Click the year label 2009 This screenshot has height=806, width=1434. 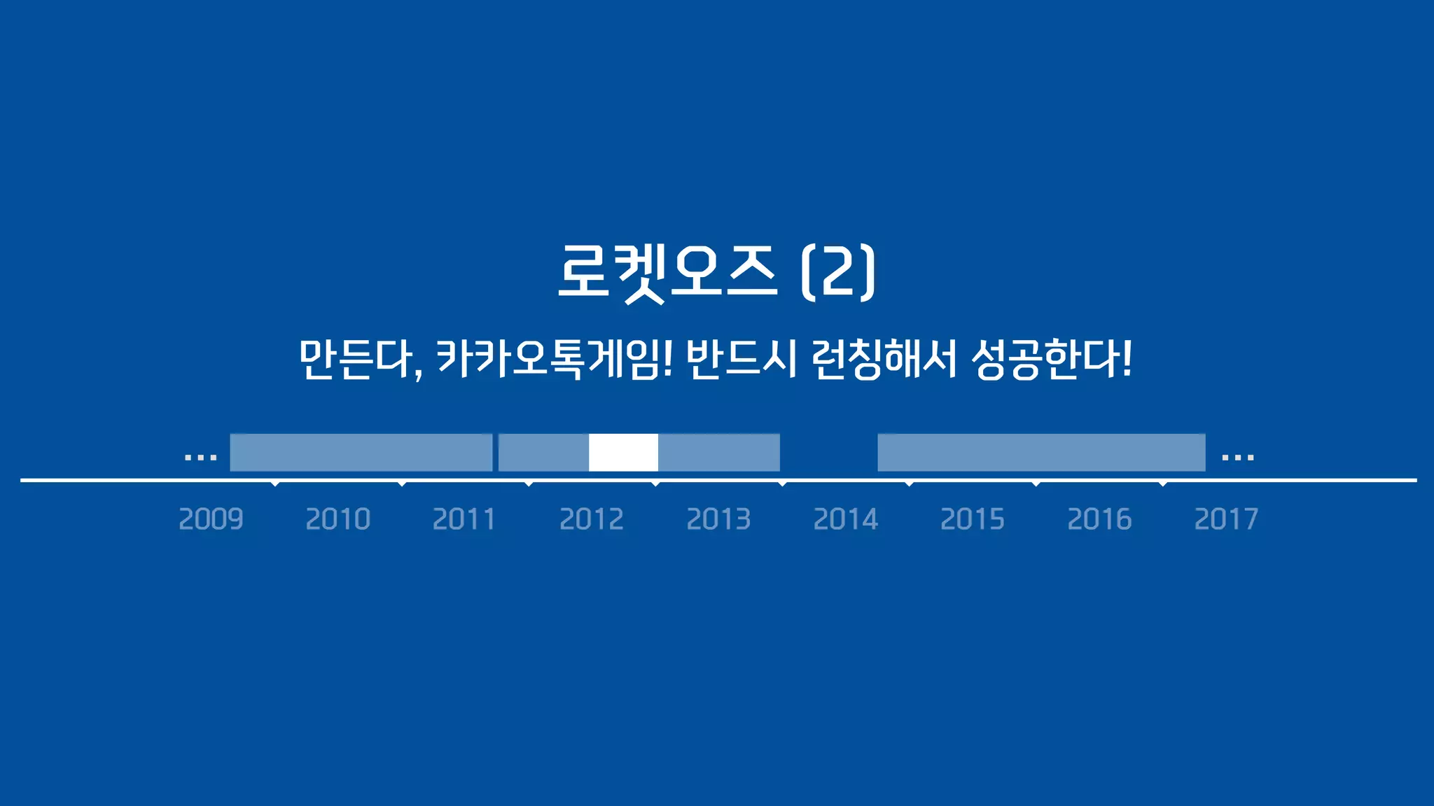pos(211,519)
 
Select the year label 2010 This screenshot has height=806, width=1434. pos(337,519)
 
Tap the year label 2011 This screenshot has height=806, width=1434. pos(464,519)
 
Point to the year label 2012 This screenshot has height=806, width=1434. pos(592,519)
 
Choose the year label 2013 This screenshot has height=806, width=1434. pos(718,519)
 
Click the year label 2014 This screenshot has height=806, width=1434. pos(845,519)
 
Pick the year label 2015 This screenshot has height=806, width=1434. pos(972,519)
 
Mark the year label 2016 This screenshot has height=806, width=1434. pos(1099,519)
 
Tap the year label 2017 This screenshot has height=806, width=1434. pos(1226,519)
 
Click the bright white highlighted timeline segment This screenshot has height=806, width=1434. pos(623,453)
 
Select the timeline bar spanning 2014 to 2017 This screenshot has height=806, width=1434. pos(1041,453)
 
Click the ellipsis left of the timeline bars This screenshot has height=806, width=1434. pos(200,458)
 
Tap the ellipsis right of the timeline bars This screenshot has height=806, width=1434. pos(1237,458)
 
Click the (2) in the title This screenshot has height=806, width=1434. pos(838,272)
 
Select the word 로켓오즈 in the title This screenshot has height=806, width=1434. pos(667,272)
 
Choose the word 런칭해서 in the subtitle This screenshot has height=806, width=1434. pos(884,359)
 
